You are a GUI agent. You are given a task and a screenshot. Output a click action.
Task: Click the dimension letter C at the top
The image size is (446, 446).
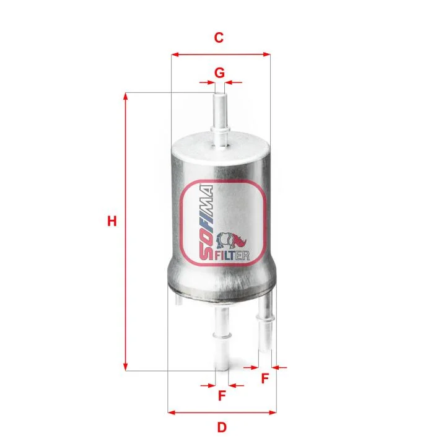219,38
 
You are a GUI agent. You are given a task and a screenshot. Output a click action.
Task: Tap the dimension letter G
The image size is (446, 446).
219,73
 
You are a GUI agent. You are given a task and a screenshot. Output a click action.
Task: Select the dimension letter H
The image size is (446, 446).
112,221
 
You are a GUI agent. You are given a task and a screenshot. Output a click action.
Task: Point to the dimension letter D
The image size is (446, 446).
222,427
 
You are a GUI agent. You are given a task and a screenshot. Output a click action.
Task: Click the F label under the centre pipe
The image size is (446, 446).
222,395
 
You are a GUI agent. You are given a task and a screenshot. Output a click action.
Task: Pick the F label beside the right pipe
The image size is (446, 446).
265,378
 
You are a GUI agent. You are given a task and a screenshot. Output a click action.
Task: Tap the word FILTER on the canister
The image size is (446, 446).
232,256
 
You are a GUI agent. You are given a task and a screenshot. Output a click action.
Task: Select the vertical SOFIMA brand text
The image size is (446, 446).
206,223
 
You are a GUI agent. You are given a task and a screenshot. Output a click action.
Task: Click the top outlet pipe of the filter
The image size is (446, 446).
220,119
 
